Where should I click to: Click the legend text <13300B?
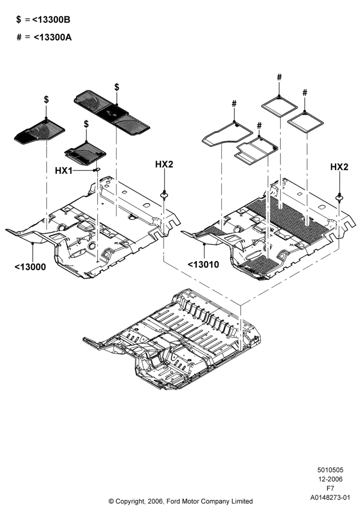[51, 20]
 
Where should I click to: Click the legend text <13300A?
[53, 37]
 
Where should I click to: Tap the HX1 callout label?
[63, 171]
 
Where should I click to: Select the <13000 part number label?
[30, 267]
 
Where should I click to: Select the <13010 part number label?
[203, 264]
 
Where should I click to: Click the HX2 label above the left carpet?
[164, 165]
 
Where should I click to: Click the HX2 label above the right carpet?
[339, 167]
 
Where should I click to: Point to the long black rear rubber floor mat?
[112, 113]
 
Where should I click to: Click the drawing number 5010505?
[330, 470]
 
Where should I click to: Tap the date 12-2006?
[330, 479]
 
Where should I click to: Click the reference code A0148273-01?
[330, 497]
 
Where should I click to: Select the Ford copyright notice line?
[181, 501]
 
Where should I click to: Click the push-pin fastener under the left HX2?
[164, 195]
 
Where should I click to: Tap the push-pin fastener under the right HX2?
[340, 197]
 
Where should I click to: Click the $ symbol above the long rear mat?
[117, 87]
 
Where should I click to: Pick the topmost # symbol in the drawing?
[279, 77]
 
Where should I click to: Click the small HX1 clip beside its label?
[97, 170]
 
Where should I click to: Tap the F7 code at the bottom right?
[330, 488]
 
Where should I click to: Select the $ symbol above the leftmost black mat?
[47, 100]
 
